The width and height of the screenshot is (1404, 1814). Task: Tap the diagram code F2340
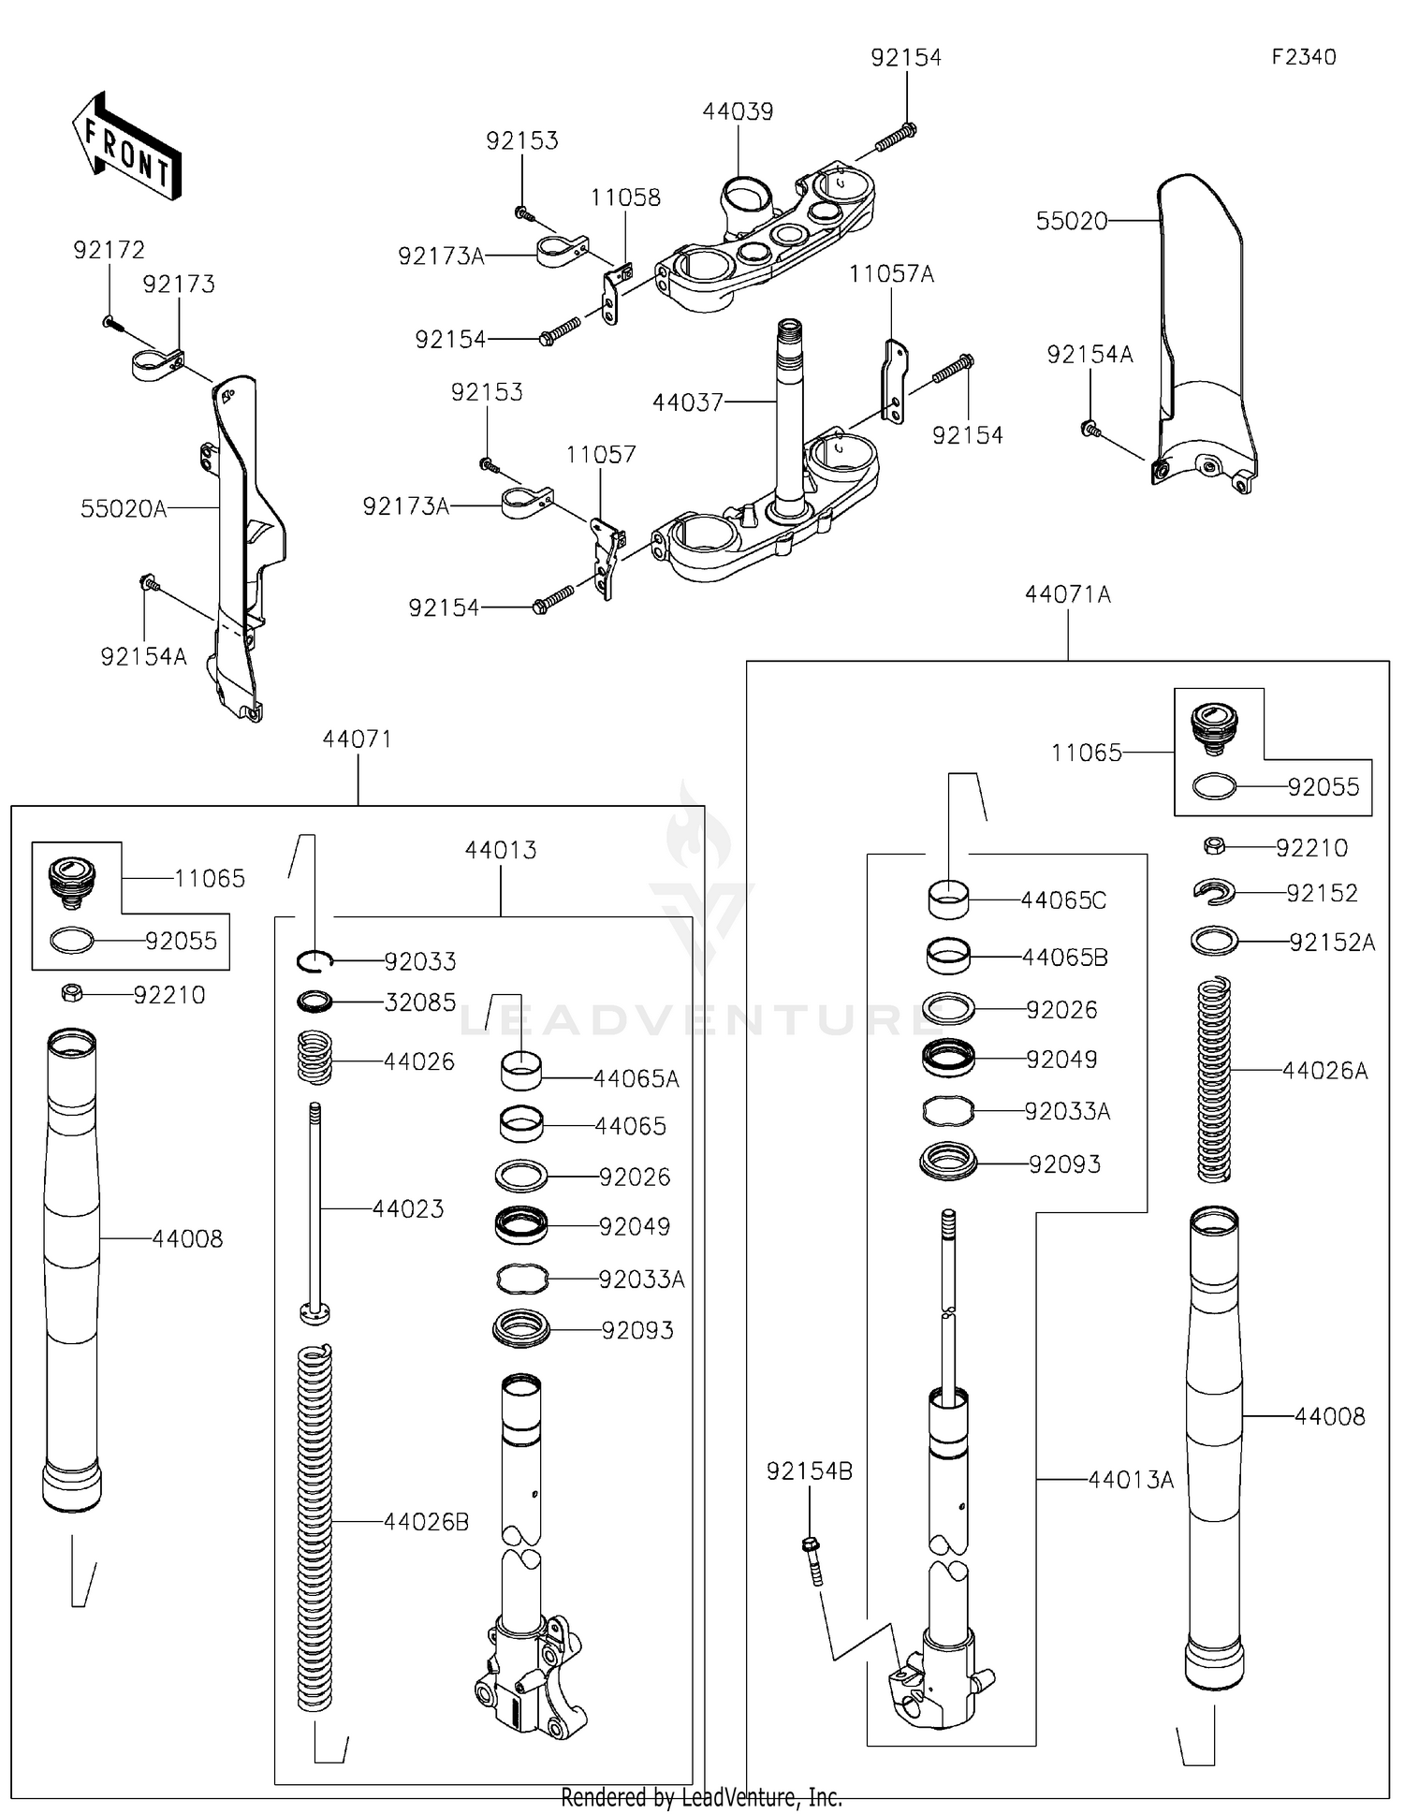tap(1303, 57)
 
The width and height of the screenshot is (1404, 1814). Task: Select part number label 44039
tap(738, 112)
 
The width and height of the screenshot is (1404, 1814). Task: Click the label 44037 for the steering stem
tap(688, 402)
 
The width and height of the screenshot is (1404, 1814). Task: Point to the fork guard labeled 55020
tap(1203, 328)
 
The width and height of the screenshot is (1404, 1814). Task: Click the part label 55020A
tap(124, 509)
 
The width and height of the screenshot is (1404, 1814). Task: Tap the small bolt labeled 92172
tap(109, 322)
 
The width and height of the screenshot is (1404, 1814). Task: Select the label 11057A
tap(891, 274)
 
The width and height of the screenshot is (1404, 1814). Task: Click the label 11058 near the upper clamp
tap(625, 197)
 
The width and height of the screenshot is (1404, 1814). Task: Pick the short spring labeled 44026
tap(315, 1056)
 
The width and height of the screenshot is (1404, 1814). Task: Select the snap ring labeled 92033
tap(315, 960)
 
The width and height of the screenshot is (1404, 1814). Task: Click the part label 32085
tap(420, 1002)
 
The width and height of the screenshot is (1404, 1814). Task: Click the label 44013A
tap(1131, 1480)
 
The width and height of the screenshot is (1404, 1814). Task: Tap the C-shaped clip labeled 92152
tap(1214, 892)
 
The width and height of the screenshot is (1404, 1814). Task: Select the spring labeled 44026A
tap(1214, 1078)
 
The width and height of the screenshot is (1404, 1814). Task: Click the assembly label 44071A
tap(1067, 594)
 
